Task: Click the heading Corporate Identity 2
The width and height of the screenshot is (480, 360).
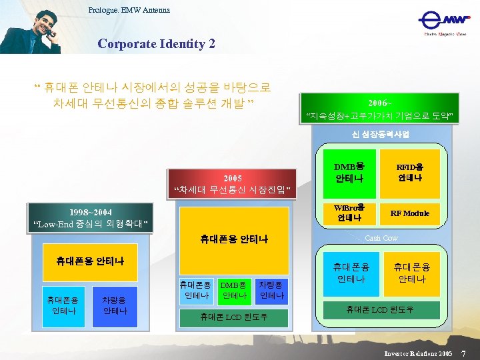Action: (x=156, y=44)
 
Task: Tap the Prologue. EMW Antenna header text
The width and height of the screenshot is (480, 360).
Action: (x=129, y=10)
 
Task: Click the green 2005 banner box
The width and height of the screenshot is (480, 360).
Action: (x=233, y=185)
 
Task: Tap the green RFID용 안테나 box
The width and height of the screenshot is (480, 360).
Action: (x=411, y=173)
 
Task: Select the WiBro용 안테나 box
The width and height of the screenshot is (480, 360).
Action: (x=349, y=213)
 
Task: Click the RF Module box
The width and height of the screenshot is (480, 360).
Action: (x=411, y=213)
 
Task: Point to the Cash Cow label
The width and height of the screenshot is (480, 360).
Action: (x=381, y=238)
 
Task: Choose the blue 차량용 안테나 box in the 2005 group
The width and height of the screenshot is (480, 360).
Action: (x=272, y=289)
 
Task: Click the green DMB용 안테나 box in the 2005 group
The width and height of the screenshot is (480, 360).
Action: (x=234, y=289)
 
